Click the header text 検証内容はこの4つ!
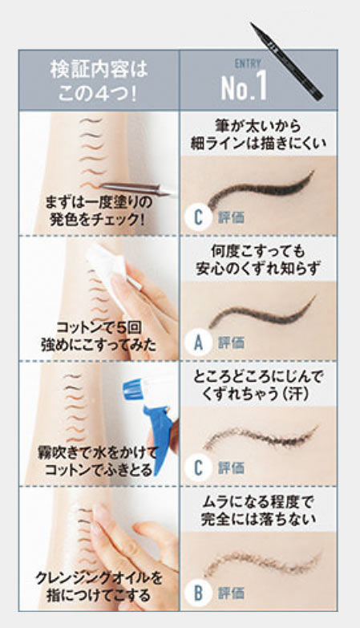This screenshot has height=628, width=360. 99,81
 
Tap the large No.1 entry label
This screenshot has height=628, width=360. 244,87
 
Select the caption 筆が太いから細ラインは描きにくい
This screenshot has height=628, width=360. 258,134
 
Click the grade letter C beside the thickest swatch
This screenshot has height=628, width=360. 198,217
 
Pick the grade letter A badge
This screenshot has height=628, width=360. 198,342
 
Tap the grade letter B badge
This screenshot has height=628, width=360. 198,594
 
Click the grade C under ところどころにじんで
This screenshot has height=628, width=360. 198,468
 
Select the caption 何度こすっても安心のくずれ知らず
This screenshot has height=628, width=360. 258,260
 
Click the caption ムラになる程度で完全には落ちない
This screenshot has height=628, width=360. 258,510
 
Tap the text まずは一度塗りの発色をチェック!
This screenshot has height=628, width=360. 99,211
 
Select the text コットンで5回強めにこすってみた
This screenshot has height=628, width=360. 99,335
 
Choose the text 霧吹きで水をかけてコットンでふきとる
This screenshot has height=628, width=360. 99,461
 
